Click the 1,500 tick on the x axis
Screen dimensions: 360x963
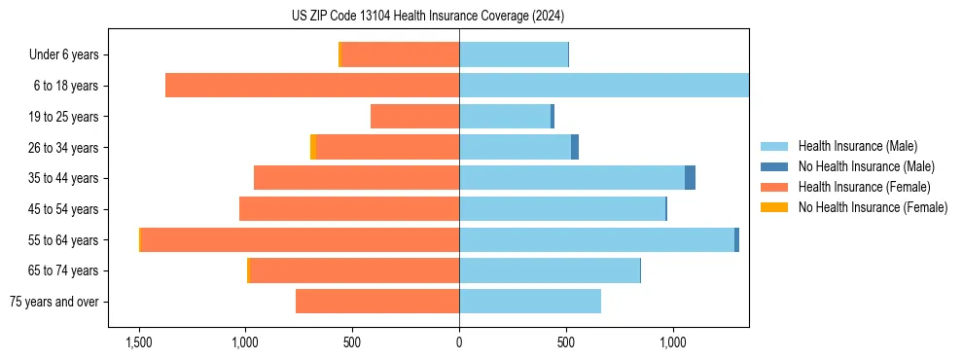(x=139, y=342)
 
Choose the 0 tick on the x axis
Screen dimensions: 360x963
(x=459, y=342)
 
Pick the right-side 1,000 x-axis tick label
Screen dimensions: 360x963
(x=672, y=342)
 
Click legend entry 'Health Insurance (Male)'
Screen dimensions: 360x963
(x=857, y=146)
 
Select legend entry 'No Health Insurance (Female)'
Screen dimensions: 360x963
(x=873, y=207)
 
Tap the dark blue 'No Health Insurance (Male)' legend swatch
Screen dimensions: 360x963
(x=775, y=166)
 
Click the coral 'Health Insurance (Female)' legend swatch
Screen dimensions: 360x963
(x=775, y=187)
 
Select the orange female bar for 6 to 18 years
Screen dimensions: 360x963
(x=311, y=86)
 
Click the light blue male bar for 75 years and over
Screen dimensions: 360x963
(x=530, y=302)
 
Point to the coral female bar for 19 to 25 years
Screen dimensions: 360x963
(x=414, y=117)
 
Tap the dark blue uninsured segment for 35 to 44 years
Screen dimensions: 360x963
(x=690, y=178)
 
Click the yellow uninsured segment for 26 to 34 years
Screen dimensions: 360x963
(x=313, y=147)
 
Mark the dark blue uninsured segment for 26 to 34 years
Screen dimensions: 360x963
(x=575, y=147)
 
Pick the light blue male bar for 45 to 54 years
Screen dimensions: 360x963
(x=562, y=209)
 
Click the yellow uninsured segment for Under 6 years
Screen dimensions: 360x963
(x=339, y=55)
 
